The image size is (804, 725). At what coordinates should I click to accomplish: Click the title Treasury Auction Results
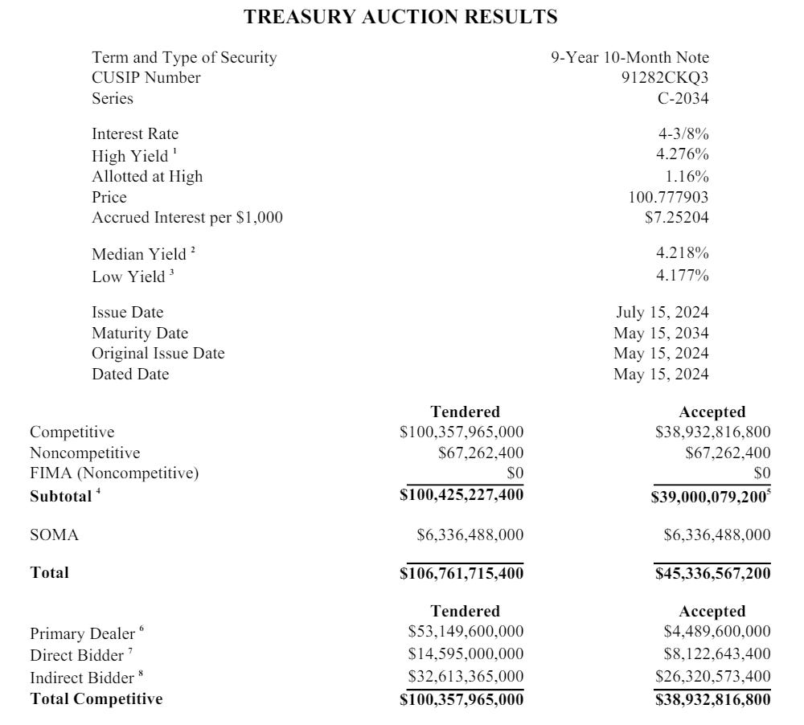[x=400, y=17]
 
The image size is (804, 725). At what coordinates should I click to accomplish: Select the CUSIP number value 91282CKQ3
[x=660, y=78]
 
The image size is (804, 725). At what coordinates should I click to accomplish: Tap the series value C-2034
[x=683, y=99]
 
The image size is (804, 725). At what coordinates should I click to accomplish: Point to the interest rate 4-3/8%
[x=683, y=134]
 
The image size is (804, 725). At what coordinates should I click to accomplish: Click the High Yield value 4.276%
[x=683, y=155]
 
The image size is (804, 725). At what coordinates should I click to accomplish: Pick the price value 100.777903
[x=668, y=197]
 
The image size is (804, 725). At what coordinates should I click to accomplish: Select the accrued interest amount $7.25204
[x=676, y=218]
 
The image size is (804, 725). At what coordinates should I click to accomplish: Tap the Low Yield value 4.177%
[x=683, y=276]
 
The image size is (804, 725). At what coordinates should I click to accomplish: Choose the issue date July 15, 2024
[x=662, y=313]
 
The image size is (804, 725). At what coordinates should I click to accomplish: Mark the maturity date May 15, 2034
[x=662, y=333]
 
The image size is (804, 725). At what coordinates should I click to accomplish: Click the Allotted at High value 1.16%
[x=687, y=176]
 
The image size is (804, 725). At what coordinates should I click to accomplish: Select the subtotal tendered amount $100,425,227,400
[x=461, y=495]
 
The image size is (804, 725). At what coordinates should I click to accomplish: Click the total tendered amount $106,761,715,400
[x=461, y=573]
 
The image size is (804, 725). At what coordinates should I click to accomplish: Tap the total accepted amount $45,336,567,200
[x=712, y=573]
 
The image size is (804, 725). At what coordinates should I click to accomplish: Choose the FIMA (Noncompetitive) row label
[x=114, y=473]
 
